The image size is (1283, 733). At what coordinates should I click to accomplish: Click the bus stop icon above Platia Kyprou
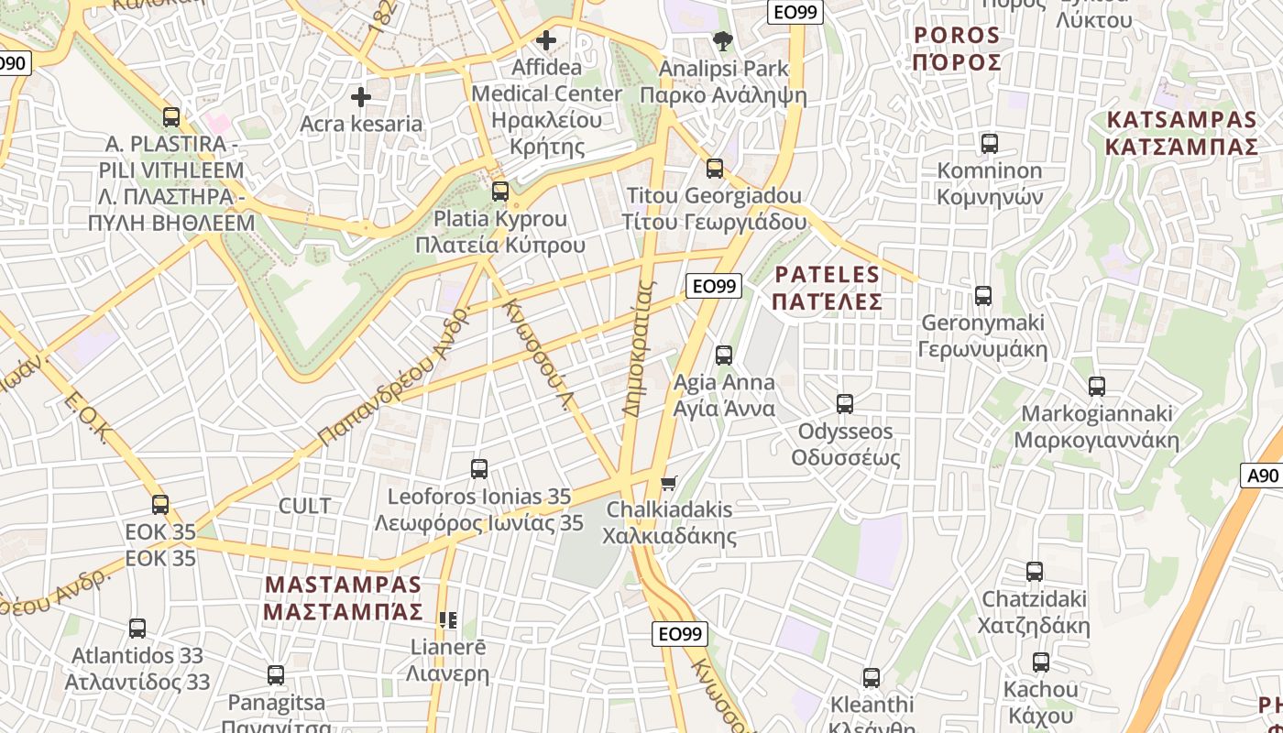(500, 191)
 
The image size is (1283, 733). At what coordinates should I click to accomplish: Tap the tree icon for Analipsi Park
(723, 41)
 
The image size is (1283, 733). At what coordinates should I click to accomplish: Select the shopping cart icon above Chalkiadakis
(669, 483)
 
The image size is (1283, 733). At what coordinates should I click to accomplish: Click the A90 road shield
(1263, 476)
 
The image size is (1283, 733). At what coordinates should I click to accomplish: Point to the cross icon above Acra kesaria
(361, 96)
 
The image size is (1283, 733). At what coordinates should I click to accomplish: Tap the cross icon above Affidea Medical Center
(546, 40)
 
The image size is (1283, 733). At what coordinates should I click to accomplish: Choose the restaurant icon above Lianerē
(448, 620)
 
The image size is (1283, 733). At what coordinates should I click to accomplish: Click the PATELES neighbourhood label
(827, 288)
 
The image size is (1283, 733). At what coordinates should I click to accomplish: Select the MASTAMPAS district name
(344, 597)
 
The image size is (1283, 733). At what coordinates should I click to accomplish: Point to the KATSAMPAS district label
(1181, 133)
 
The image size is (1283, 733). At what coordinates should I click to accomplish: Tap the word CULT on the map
(304, 506)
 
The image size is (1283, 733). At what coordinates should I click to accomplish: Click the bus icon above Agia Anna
(724, 356)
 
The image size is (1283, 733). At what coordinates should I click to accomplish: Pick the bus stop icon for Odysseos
(845, 404)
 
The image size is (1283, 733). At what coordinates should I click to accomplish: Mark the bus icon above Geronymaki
(983, 296)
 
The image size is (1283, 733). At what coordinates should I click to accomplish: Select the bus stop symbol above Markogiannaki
(1097, 387)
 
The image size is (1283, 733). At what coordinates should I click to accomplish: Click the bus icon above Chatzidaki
(1035, 572)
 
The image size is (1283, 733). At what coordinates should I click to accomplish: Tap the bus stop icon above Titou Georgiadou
(715, 169)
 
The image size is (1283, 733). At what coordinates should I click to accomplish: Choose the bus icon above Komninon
(990, 144)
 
